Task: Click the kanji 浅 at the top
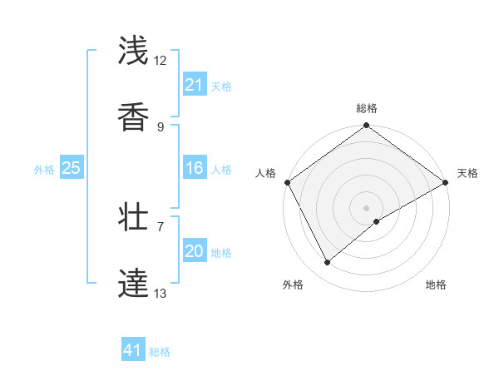tap(133, 51)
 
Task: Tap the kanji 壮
tap(133, 218)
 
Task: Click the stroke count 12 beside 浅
tap(161, 61)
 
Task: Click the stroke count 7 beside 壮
tap(161, 225)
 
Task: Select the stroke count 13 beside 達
tap(161, 293)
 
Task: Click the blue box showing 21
tap(194, 85)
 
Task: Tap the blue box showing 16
tap(194, 169)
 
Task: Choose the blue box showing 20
tap(194, 252)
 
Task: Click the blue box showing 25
tap(71, 169)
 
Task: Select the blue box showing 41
tap(133, 351)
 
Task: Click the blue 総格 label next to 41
tap(160, 352)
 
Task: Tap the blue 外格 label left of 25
tap(44, 170)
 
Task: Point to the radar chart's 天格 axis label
tap(467, 173)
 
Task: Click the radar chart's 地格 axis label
tap(436, 285)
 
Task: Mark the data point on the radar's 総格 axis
tap(366, 126)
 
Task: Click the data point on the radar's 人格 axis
tap(287, 182)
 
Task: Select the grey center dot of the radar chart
tap(366, 208)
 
